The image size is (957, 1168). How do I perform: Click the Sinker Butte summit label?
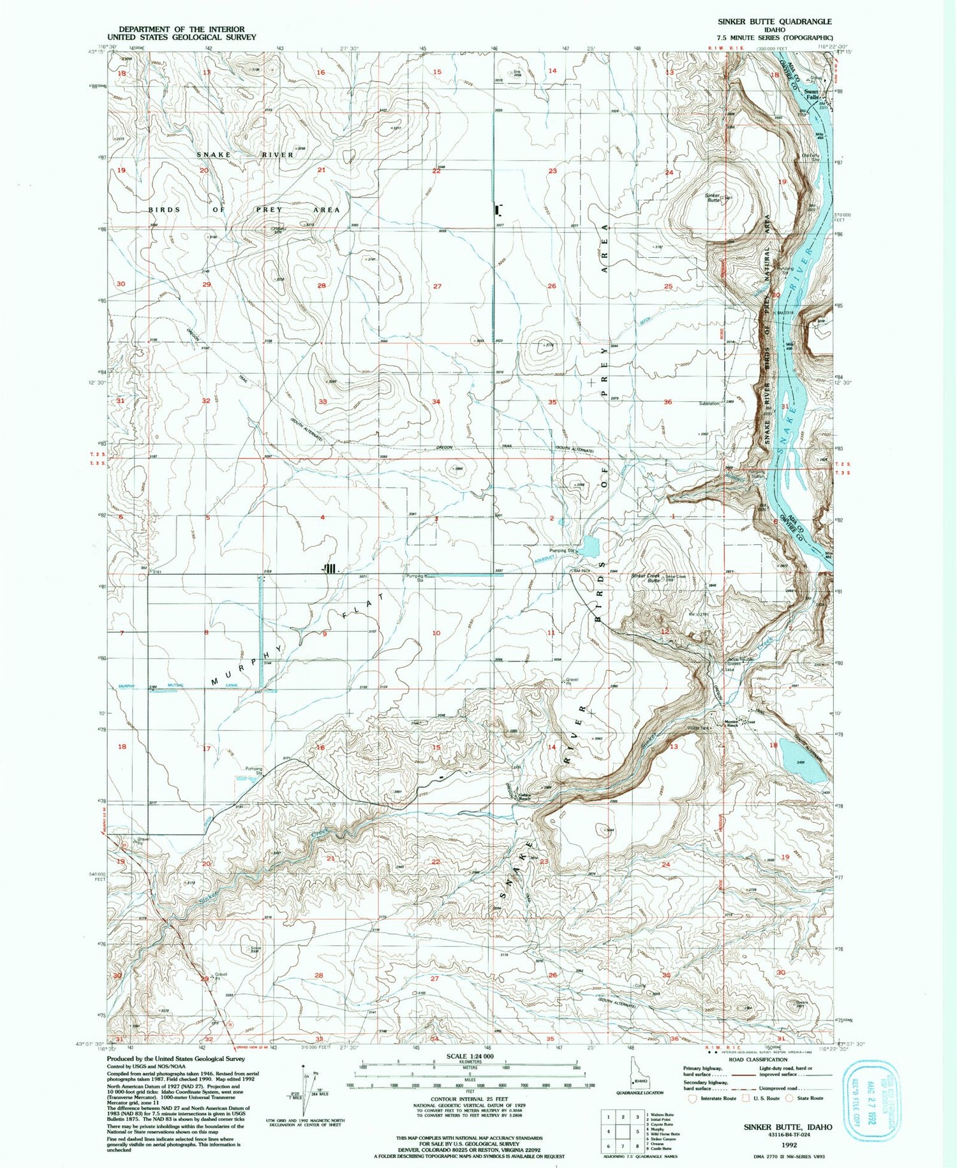[x=713, y=197]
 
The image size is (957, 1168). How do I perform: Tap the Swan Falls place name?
[x=812, y=94]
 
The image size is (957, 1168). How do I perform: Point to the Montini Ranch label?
[x=732, y=723]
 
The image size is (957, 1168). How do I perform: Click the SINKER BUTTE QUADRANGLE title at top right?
[x=775, y=21]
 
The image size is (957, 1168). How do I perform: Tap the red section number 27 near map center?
[x=437, y=286]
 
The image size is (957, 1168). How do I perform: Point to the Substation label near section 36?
[x=709, y=403]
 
